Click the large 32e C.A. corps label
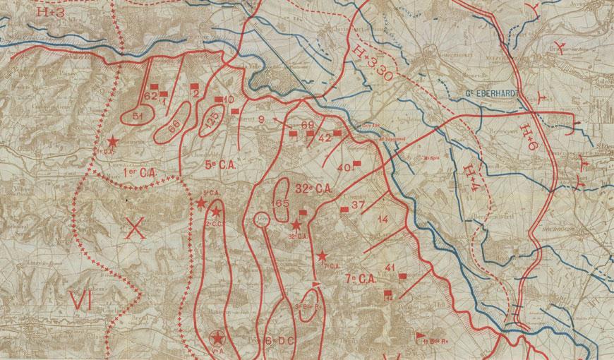tap(313, 189)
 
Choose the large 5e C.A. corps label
tap(219, 165)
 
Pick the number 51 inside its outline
tap(138, 115)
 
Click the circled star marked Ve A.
tap(215, 340)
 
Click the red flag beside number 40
tap(357, 164)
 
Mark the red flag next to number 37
tap(345, 209)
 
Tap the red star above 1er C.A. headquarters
tap(111, 142)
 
